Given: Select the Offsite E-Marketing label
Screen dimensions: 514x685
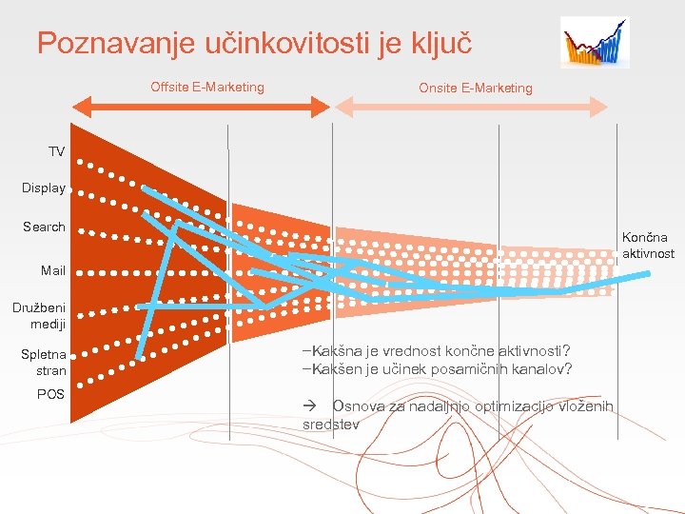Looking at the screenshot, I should pos(207,88).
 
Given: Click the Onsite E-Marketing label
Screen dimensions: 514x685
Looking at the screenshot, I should pos(476,88).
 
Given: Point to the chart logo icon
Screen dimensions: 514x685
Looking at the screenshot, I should pos(594,43).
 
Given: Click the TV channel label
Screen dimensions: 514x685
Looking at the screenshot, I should pos(57,151).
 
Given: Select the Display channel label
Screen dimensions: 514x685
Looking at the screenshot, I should pos(44,188).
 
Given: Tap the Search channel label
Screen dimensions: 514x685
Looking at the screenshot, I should pos(44,227).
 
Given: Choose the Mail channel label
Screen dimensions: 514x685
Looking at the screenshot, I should pos(53,270).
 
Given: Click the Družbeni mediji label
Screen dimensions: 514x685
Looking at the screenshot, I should pos(39,315).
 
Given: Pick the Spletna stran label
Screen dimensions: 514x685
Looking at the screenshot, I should pos(44,363).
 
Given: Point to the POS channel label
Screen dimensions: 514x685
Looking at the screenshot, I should pos(50,394).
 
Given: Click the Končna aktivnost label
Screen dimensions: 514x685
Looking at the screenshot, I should pos(648,246).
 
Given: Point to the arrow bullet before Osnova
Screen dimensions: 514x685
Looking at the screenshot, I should pos(309,406).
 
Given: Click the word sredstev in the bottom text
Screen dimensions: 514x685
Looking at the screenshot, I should pos(330,425).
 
